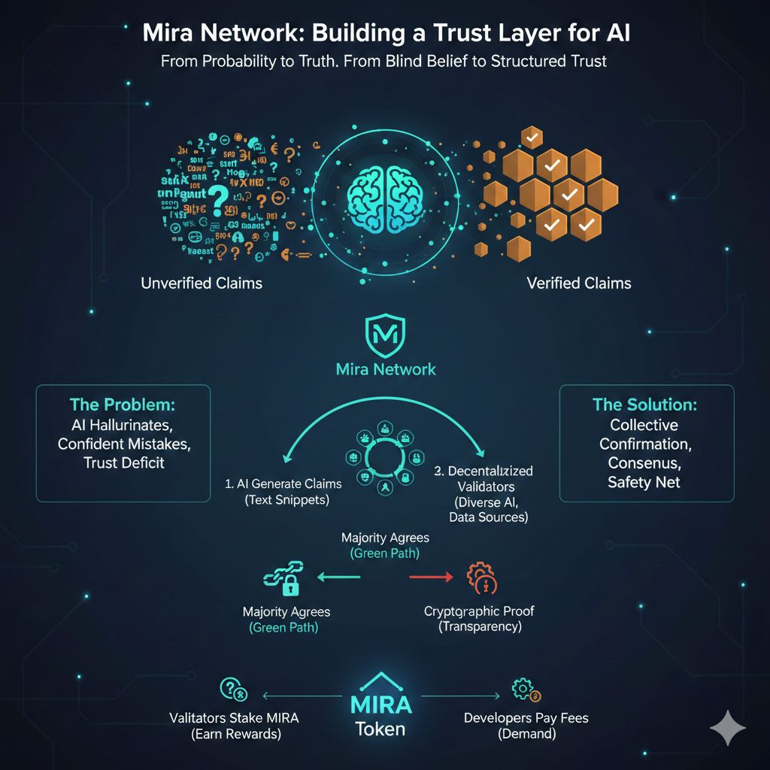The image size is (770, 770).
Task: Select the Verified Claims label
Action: (579, 283)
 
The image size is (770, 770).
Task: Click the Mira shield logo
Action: (385, 335)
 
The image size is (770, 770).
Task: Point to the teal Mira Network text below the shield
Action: (385, 369)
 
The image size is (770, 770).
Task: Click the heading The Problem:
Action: (122, 404)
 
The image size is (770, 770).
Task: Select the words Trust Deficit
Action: (123, 462)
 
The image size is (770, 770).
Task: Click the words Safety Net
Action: (644, 482)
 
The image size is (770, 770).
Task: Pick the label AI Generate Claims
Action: (283, 484)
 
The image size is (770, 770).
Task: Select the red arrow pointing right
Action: (432, 577)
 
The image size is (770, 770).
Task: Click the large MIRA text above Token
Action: (381, 705)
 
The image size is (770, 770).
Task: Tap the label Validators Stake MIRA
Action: (235, 717)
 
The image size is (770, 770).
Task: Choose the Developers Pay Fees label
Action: (526, 717)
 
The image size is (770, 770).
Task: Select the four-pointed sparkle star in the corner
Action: (727, 728)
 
